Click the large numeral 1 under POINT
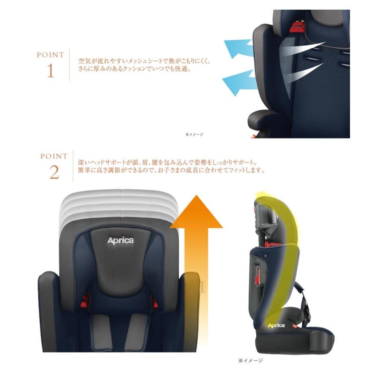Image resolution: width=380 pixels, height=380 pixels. pos(50,71)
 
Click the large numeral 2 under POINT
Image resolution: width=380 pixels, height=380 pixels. pos(54,172)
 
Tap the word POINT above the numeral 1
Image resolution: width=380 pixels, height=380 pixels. pos(50,55)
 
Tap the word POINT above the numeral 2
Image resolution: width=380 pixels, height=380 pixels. pos(54,156)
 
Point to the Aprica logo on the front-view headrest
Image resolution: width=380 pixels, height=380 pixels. pos(120,241)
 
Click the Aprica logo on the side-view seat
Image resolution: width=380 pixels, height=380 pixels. pos(276,326)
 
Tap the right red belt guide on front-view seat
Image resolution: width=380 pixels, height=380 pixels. pos(156,301)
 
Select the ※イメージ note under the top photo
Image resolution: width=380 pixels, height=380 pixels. pos(194,134)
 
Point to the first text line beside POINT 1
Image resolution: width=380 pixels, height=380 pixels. pos(144,61)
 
